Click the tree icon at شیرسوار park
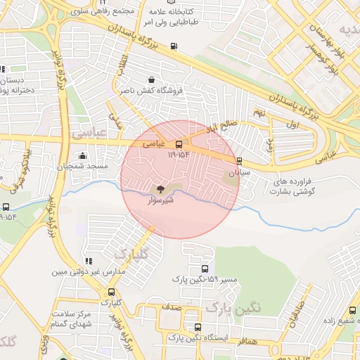pyautogui.click(x=160, y=188)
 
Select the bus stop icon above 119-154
pyautogui.click(x=179, y=144)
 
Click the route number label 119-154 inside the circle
pyautogui.click(x=179, y=154)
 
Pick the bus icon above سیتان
pyautogui.click(x=240, y=161)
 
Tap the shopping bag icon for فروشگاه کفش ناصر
pyautogui.click(x=154, y=79)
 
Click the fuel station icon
pyautogui.click(x=174, y=48)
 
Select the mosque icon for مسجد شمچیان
pyautogui.click(x=84, y=156)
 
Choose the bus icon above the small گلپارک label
pyautogui.click(x=111, y=292)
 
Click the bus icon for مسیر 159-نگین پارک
pyautogui.click(x=205, y=269)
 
